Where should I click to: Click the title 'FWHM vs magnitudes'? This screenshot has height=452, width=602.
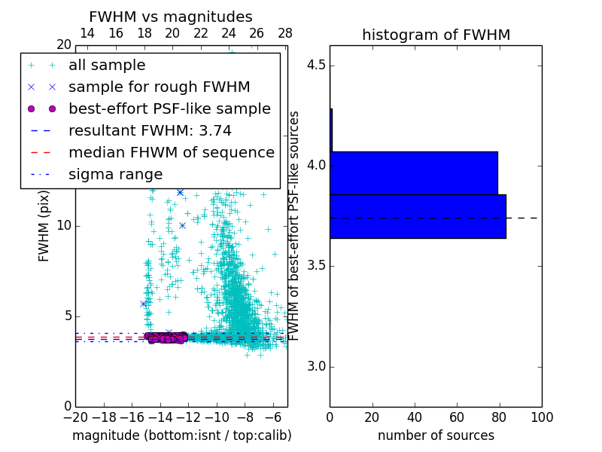pyautogui.click(x=171, y=17)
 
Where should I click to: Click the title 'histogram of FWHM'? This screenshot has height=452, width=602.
pyautogui.click(x=436, y=35)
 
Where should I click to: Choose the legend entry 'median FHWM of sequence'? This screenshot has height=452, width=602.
pyautogui.click(x=171, y=153)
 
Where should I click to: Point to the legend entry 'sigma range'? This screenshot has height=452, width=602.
pyautogui.click(x=115, y=175)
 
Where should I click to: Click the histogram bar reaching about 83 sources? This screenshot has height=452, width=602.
pyautogui.click(x=418, y=216)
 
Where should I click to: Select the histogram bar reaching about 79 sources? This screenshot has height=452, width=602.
pyautogui.click(x=414, y=173)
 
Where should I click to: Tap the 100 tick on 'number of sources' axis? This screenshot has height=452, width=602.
pyautogui.click(x=541, y=417)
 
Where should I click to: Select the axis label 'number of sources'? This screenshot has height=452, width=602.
pyautogui.click(x=436, y=435)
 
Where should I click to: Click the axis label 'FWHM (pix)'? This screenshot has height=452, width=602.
pyautogui.click(x=44, y=225)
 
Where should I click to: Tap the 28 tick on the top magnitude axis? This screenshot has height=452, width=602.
pyautogui.click(x=285, y=33)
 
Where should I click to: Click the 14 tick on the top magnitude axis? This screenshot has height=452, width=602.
pyautogui.click(x=87, y=33)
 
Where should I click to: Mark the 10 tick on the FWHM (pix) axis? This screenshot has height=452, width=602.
pyautogui.click(x=63, y=225)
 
